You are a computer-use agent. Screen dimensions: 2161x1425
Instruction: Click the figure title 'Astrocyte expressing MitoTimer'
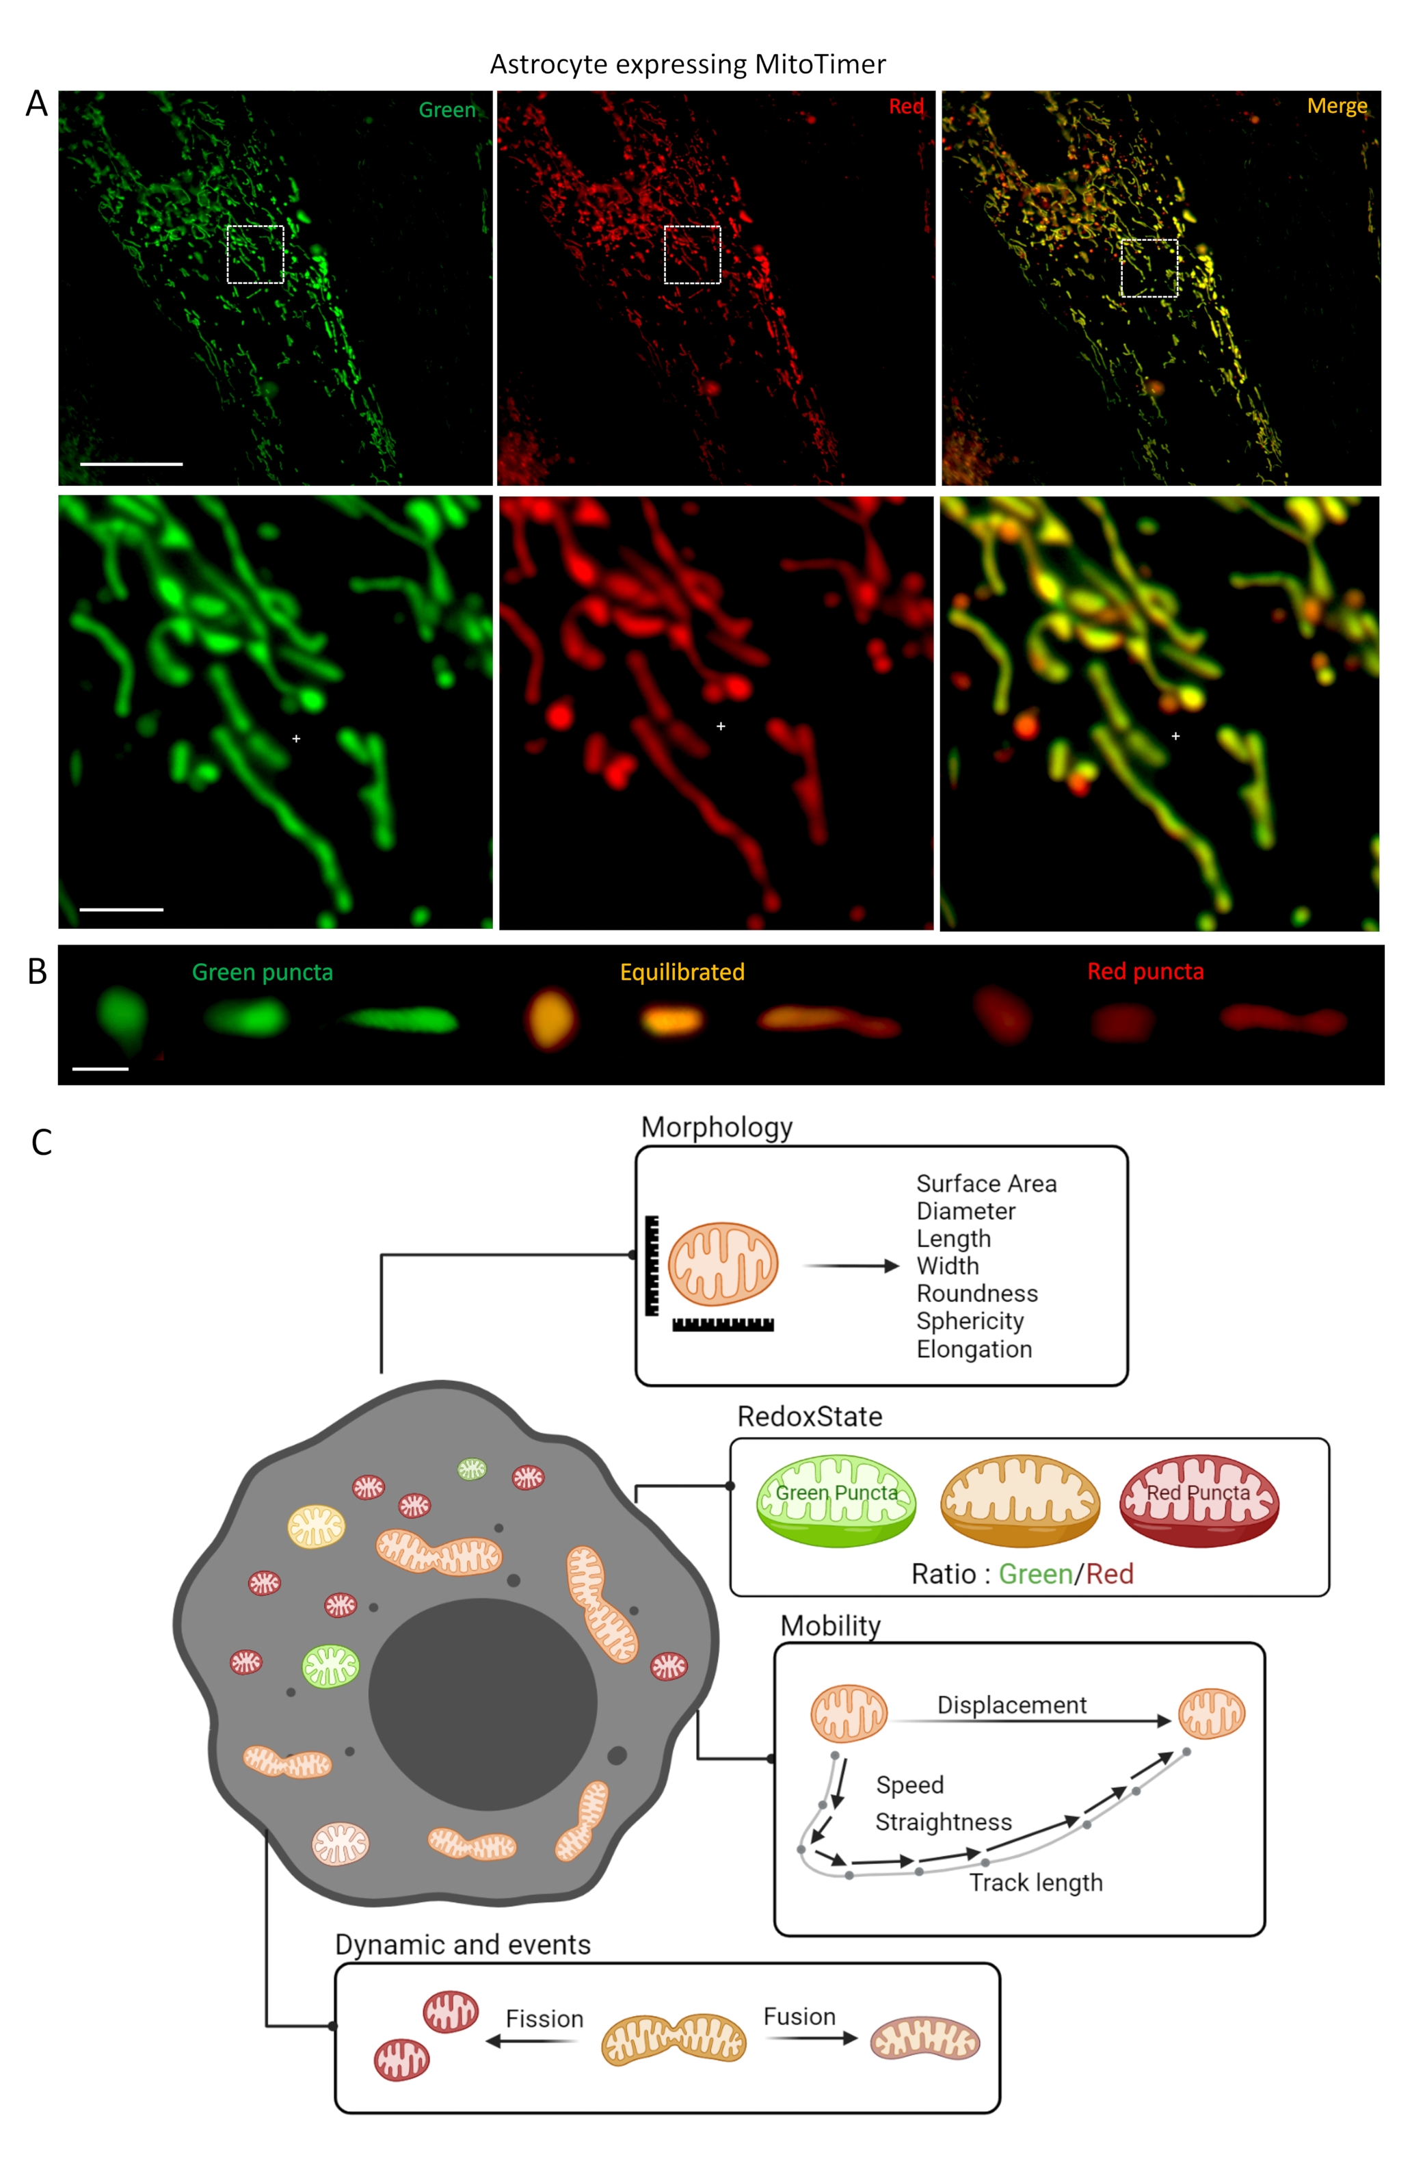pos(687,64)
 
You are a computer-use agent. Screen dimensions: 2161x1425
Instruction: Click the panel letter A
pos(36,104)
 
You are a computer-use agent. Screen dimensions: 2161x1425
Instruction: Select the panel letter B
pos(37,972)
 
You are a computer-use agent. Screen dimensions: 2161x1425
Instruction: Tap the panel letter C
pos(42,1143)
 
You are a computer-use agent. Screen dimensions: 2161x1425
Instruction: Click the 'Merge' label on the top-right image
pos(1336,106)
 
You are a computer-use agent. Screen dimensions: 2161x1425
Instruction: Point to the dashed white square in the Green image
pos(255,254)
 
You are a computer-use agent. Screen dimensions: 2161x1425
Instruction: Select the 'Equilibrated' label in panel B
pos(682,972)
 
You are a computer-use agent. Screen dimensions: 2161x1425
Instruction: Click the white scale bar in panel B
pos(100,1069)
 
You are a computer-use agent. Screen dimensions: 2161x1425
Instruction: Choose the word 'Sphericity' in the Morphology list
pos(970,1320)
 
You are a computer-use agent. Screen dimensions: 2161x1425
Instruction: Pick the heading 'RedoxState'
pos(809,1417)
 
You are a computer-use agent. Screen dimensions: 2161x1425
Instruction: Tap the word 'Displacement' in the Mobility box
pos(1011,1705)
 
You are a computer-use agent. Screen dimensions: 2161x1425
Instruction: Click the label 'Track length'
pos(1036,1882)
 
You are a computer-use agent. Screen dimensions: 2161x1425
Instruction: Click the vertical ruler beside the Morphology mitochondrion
pos(652,1266)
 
